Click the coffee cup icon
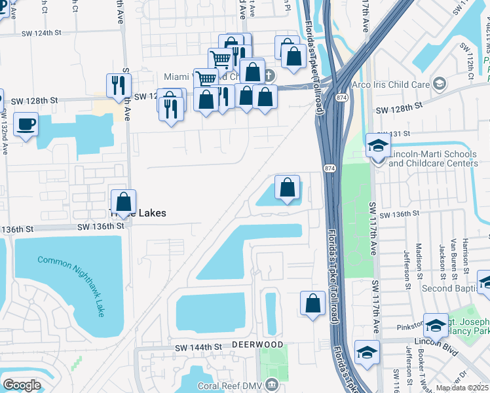(x=26, y=124)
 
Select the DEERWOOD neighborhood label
(x=257, y=345)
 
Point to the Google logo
(x=22, y=385)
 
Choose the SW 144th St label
(x=196, y=347)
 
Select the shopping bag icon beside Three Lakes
(x=123, y=201)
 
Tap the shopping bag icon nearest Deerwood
(x=313, y=303)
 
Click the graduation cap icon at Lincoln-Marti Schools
(x=378, y=145)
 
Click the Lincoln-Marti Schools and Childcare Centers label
(x=434, y=158)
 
